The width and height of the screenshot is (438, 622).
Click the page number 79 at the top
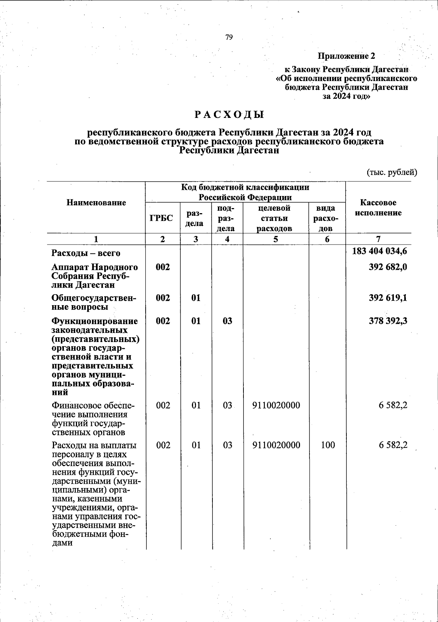tap(229, 37)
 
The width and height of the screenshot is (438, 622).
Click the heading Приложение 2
tap(346, 56)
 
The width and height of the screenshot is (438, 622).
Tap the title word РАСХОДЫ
tap(229, 115)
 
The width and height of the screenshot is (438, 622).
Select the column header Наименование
tap(96, 203)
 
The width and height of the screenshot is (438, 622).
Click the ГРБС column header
tap(162, 218)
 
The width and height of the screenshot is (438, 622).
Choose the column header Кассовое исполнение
tap(378, 208)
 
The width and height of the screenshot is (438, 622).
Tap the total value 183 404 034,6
tap(380, 252)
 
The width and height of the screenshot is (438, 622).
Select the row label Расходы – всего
tap(86, 253)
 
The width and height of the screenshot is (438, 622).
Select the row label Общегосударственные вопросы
tap(95, 302)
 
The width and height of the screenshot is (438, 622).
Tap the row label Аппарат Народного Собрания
tap(95, 276)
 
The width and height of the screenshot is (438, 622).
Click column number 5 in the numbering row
tap(276, 239)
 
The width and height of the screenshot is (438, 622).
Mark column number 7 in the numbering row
tap(379, 239)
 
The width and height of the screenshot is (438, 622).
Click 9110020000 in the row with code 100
tap(276, 445)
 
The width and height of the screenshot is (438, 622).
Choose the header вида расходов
tap(327, 218)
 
